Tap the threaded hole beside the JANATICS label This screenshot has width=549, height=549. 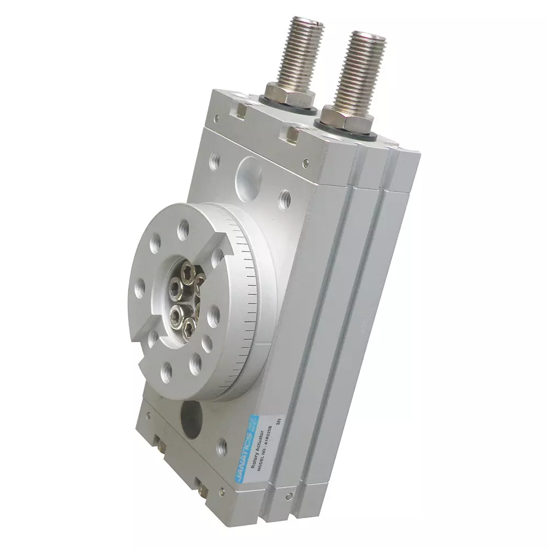pyautogui.click(x=222, y=445)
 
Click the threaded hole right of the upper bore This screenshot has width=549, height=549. pyautogui.click(x=284, y=198)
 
